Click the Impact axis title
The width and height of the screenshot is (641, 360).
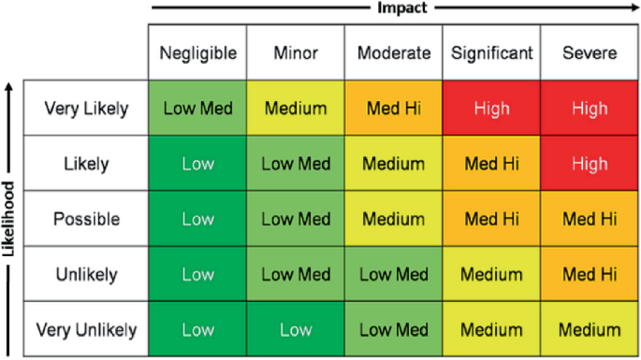[x=401, y=7]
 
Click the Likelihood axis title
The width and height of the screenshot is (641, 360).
[x=8, y=220]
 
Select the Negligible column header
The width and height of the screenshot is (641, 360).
[x=197, y=53]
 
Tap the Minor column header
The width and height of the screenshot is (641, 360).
[x=296, y=53]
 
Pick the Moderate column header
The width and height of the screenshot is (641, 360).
[x=394, y=53]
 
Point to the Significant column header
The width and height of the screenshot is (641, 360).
[x=492, y=53]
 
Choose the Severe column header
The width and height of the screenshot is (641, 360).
[x=590, y=53]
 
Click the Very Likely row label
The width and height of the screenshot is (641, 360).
[x=86, y=108]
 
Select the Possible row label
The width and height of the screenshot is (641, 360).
[x=86, y=220]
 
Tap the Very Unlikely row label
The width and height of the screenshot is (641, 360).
[x=86, y=330]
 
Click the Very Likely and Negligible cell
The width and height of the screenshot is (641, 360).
[x=197, y=108]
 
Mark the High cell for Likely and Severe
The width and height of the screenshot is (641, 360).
[x=590, y=164]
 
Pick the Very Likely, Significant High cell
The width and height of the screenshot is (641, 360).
[x=492, y=108]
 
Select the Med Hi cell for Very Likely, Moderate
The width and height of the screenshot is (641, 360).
[x=394, y=108]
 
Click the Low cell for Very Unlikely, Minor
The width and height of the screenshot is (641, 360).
[x=296, y=329]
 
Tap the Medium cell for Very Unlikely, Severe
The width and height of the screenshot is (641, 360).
[x=590, y=329]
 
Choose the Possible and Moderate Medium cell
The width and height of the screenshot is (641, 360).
[x=394, y=219]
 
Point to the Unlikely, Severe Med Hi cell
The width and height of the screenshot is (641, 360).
[x=590, y=274]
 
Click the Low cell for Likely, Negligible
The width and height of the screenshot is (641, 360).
[x=197, y=164]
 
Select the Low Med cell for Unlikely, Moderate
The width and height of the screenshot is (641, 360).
[x=394, y=274]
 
